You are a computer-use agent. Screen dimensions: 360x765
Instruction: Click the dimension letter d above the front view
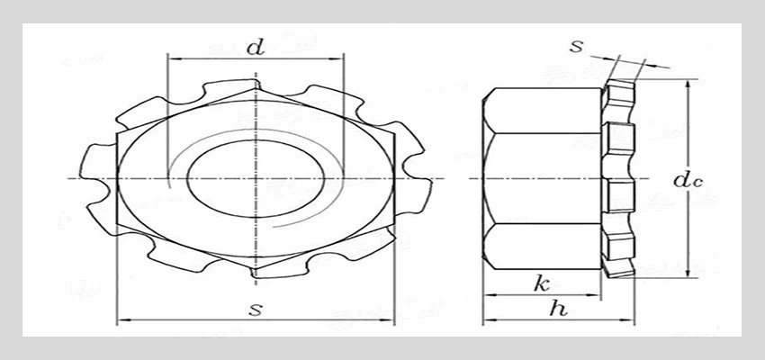(256, 49)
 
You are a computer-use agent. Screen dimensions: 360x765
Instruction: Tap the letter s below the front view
(256, 310)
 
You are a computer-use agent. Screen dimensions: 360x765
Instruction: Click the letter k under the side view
(542, 284)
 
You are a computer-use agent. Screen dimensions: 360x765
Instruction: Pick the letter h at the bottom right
(559, 310)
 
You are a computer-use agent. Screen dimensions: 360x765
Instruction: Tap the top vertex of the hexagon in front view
(256, 90)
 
